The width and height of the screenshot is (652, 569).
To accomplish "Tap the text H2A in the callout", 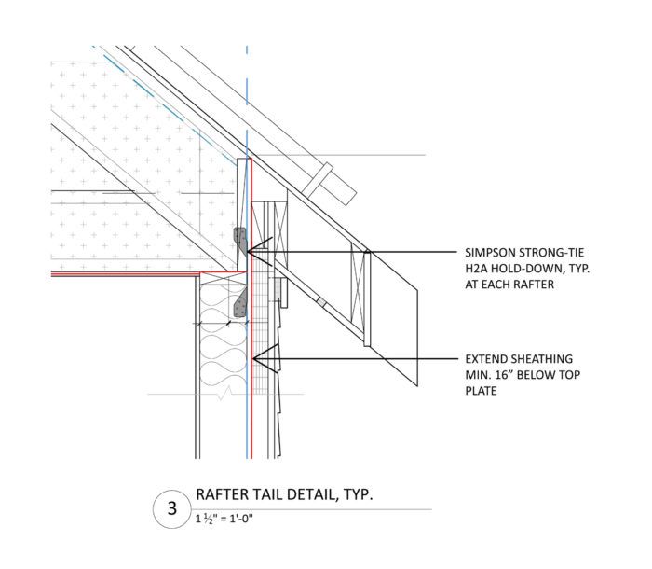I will (x=477, y=269).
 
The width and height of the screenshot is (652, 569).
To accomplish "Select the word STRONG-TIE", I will (x=555, y=252).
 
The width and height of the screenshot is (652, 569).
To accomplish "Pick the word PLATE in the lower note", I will (x=482, y=392).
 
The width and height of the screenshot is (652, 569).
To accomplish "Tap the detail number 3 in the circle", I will (x=171, y=508).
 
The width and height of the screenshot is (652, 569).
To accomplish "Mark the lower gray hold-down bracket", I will (x=240, y=302).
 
